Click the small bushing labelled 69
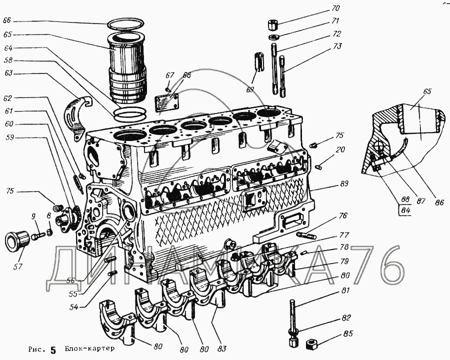[259, 61]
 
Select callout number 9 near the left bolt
[33, 217]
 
